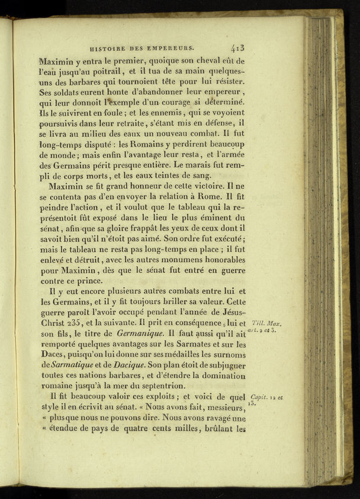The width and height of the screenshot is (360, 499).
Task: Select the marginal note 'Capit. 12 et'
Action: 267,397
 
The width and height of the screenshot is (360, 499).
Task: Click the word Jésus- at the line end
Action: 231,312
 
